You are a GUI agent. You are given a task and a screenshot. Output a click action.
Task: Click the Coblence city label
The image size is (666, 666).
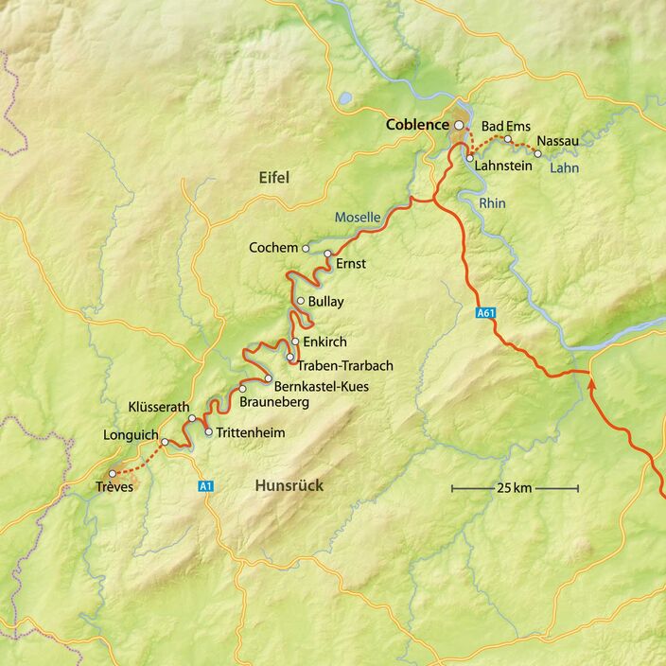click(417, 125)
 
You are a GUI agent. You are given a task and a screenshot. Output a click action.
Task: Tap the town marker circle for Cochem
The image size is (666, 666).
click(306, 248)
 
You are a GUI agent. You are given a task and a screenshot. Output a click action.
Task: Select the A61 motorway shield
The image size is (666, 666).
click(485, 311)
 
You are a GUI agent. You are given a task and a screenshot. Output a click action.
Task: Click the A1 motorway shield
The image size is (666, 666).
click(206, 486)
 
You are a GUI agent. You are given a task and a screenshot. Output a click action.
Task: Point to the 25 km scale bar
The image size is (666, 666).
click(515, 488)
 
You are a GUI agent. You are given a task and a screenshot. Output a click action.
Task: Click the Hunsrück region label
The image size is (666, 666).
click(289, 485)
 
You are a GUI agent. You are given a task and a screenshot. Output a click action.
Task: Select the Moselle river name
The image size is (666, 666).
click(357, 218)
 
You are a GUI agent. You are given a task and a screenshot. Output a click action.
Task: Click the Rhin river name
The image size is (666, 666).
click(492, 203)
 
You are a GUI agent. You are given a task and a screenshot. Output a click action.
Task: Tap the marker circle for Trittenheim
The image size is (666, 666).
click(209, 432)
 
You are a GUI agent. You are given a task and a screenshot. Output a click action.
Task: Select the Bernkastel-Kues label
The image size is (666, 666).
click(321, 386)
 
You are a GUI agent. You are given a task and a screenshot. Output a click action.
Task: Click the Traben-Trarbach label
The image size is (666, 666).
click(345, 365)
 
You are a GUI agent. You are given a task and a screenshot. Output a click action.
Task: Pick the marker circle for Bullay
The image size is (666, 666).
click(301, 302)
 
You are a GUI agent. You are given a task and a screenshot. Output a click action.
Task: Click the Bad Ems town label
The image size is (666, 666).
click(506, 126)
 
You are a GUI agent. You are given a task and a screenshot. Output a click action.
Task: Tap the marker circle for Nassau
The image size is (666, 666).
click(537, 153)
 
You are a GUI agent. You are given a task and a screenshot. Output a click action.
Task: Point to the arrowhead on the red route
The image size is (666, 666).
click(592, 383)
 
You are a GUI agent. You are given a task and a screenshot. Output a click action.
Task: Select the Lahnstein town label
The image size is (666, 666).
click(504, 166)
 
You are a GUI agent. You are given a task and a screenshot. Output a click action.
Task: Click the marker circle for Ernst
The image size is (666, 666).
click(328, 254)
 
